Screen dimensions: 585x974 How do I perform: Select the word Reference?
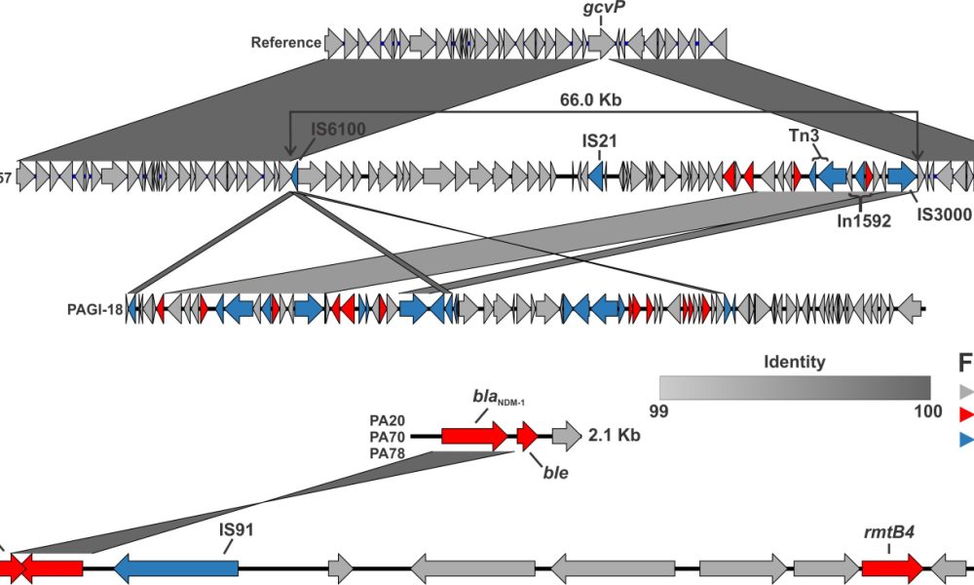coord(285,42)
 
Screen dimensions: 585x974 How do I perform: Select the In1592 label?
coord(864,220)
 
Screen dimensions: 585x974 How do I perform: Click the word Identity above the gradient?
coord(794,362)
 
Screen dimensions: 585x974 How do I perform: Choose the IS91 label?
coord(237,532)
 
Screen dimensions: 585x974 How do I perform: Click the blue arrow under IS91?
coord(176,565)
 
